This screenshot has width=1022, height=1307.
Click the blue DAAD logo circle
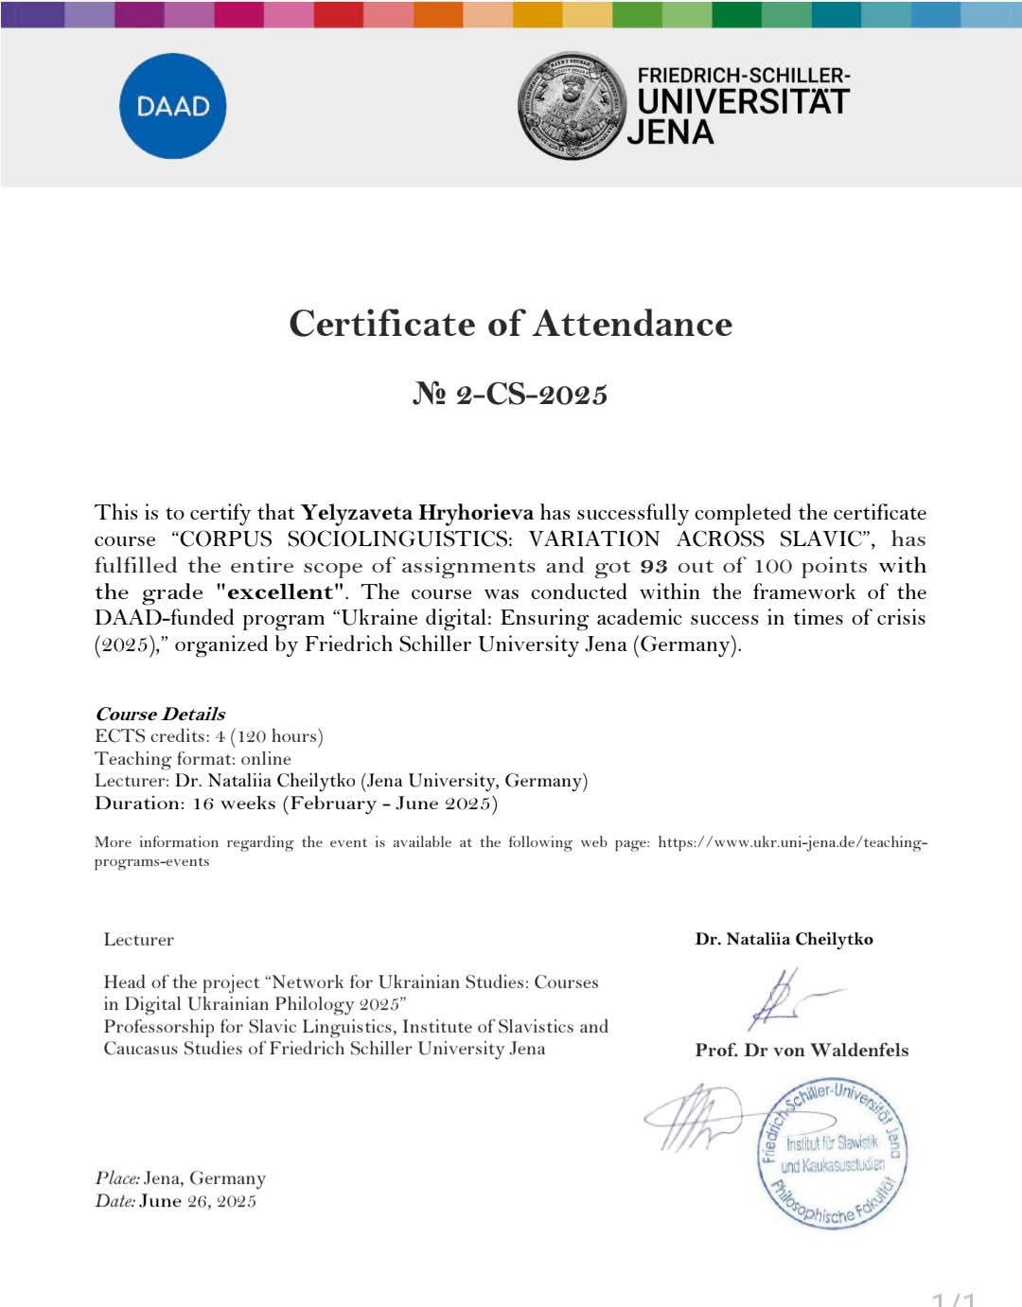click(x=172, y=105)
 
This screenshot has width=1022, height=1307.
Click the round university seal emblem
click(x=572, y=105)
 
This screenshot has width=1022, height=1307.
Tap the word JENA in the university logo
click(x=670, y=132)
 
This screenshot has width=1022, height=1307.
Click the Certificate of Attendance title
click(x=510, y=324)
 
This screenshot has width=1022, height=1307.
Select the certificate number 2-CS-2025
click(x=510, y=394)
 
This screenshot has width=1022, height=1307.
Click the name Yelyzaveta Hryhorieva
click(x=416, y=513)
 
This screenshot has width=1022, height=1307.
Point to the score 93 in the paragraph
click(x=654, y=566)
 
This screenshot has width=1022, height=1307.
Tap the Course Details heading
click(x=160, y=714)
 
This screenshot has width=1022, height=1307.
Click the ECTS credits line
click(x=208, y=736)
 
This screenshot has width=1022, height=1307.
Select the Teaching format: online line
click(x=193, y=758)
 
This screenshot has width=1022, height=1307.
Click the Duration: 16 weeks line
click(x=295, y=804)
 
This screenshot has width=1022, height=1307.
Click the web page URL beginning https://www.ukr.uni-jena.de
click(x=792, y=842)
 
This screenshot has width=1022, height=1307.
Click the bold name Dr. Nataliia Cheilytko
click(x=784, y=939)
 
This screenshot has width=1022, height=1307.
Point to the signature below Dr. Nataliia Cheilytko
click(x=787, y=998)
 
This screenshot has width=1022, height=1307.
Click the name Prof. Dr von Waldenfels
click(x=802, y=1050)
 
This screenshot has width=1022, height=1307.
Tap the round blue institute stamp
click(x=832, y=1154)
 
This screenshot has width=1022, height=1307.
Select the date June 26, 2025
click(x=198, y=1201)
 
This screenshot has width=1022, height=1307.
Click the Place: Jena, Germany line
click(x=180, y=1178)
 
